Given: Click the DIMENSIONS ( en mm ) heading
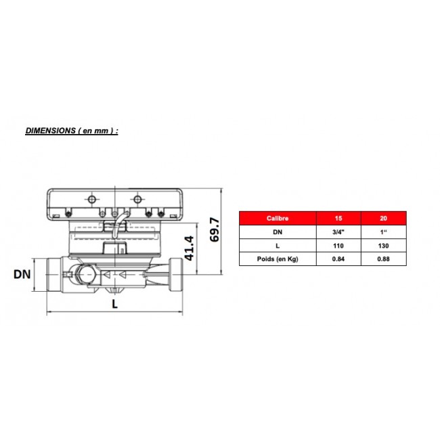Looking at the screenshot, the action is pos(72,131).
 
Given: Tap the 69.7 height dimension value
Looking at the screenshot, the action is pos(215,229).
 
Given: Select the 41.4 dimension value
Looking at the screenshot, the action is pos(189,248).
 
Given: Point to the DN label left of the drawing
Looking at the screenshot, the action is pos(22,274).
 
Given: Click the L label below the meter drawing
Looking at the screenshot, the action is pos(115,304).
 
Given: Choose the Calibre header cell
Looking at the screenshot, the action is pos(278,219).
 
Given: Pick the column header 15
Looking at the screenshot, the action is pos(338,219).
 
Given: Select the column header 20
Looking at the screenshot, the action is pos(383,219).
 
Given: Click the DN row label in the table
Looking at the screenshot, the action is pos(278,232).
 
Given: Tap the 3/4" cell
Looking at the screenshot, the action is pos(338,232).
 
